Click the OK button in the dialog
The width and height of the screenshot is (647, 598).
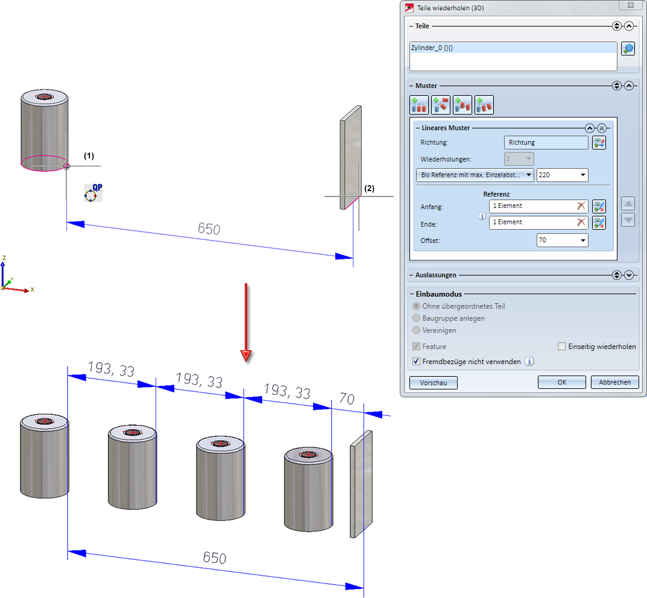tap(561, 382)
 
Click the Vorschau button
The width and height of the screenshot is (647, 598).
tap(433, 382)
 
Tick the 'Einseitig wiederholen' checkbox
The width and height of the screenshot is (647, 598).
tap(562, 347)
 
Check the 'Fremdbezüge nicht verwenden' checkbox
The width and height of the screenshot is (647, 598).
tap(416, 362)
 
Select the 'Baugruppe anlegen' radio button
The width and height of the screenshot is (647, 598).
tap(416, 318)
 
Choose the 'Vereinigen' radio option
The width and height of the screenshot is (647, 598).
tap(416, 330)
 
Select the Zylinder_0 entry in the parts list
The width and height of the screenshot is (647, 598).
tap(432, 48)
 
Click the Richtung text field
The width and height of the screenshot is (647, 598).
tap(546, 143)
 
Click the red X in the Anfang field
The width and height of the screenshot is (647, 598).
tap(581, 206)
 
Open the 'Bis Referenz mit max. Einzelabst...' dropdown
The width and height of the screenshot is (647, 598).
tap(475, 175)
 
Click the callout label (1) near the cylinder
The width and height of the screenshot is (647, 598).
tap(89, 156)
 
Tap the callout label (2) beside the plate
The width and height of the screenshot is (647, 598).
tap(369, 188)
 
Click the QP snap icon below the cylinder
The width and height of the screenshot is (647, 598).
tap(93, 193)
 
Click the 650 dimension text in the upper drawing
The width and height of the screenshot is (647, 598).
tap(209, 229)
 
